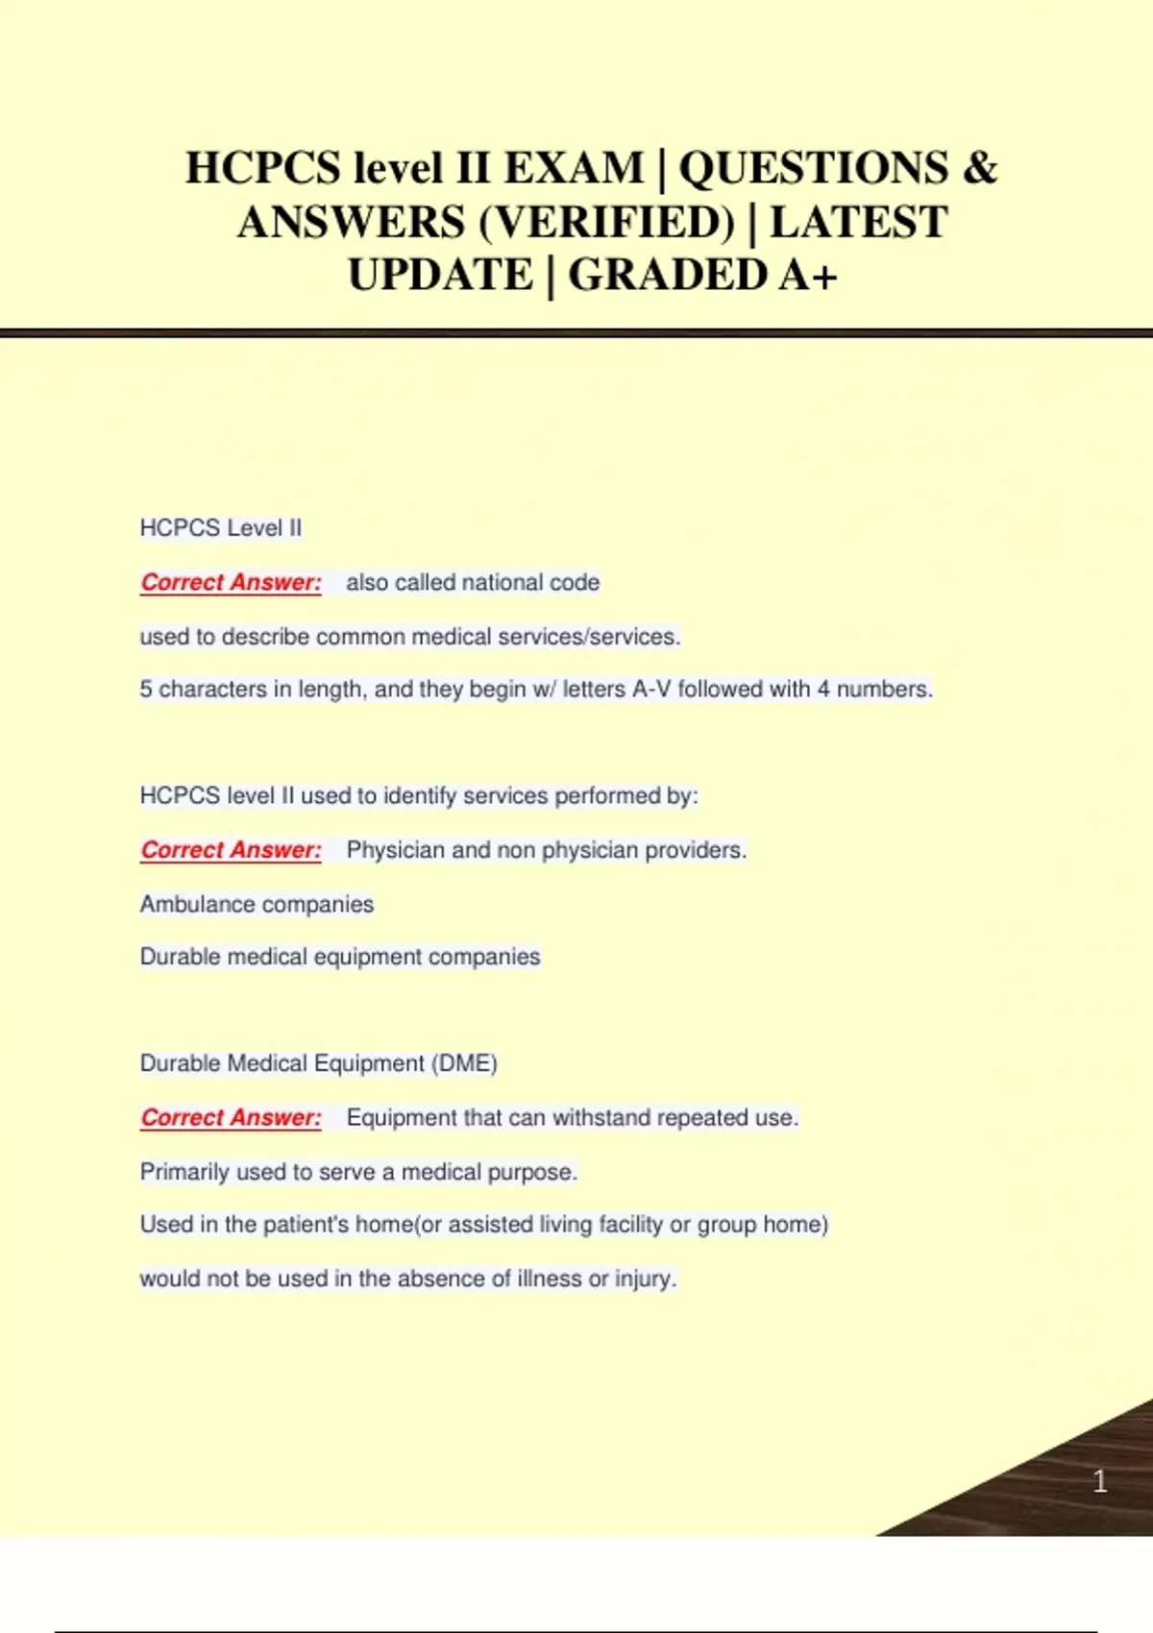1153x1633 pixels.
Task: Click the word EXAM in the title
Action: click(x=574, y=168)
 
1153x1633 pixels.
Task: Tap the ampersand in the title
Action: click(x=979, y=168)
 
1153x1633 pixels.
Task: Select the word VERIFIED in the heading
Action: click(x=605, y=223)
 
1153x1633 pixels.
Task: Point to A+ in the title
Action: click(x=808, y=276)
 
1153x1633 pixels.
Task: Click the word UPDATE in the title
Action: click(x=440, y=276)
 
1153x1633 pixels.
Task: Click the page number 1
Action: click(x=1100, y=1481)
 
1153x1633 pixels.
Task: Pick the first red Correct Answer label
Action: click(x=231, y=582)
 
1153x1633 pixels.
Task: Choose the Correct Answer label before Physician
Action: click(x=231, y=850)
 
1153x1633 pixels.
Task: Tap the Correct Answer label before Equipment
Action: click(x=231, y=1118)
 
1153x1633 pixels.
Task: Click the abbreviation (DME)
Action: click(x=464, y=1063)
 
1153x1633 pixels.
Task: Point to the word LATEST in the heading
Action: click(x=859, y=223)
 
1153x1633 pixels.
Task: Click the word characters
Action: click(x=209, y=690)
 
